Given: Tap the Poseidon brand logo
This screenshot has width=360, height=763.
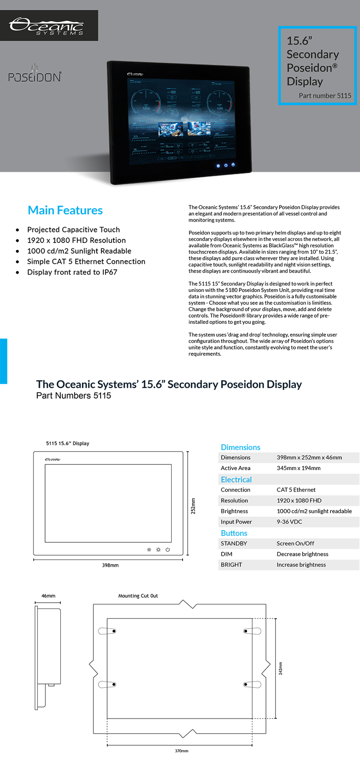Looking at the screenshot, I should pyautogui.click(x=35, y=75).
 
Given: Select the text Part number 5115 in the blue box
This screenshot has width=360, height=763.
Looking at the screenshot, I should pyautogui.click(x=325, y=95).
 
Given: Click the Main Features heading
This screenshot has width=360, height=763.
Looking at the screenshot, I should pyautogui.click(x=65, y=210).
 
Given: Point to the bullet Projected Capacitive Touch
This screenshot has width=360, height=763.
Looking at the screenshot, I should pyautogui.click(x=73, y=230).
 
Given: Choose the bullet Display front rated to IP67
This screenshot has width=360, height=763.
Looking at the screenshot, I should pyautogui.click(x=72, y=272).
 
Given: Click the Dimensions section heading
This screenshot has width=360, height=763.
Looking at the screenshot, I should pyautogui.click(x=240, y=447).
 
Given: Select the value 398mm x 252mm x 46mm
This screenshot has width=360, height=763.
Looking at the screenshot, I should pyautogui.click(x=309, y=457).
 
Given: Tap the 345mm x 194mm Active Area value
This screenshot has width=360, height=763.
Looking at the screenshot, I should pyautogui.click(x=298, y=468).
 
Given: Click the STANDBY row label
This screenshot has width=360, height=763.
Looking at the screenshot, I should pyautogui.click(x=234, y=544).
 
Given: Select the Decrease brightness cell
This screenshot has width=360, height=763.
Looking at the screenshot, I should pyautogui.click(x=302, y=554).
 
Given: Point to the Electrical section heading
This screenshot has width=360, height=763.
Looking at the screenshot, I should pyautogui.click(x=236, y=479).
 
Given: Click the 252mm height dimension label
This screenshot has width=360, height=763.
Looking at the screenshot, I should pyautogui.click(x=193, y=506).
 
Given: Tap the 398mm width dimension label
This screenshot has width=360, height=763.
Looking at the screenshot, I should pyautogui.click(x=110, y=565).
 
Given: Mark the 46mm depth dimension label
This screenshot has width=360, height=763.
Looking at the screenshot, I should pyautogui.click(x=48, y=596).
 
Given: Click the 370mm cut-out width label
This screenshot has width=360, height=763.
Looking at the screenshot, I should pyautogui.click(x=181, y=751).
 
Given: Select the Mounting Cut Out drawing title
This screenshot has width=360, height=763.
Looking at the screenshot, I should pyautogui.click(x=138, y=596).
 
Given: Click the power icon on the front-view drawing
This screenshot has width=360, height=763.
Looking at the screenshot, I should pyautogui.click(x=167, y=550).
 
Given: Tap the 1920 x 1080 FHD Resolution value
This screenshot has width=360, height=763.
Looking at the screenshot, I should pyautogui.click(x=299, y=501).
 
